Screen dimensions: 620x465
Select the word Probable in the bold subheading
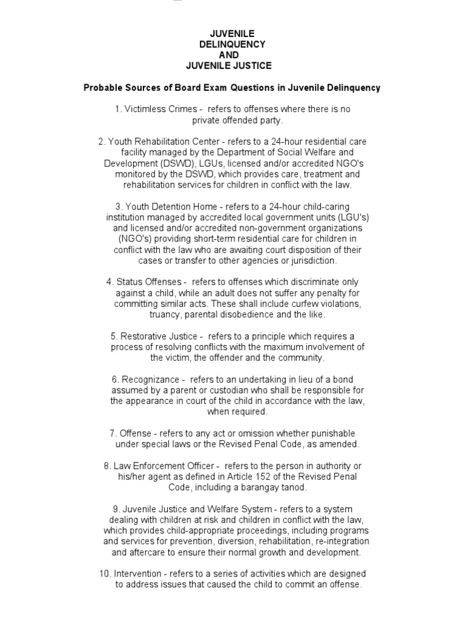(x=100, y=88)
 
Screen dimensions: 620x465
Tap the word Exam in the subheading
(x=240, y=88)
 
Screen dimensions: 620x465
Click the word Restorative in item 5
(x=145, y=336)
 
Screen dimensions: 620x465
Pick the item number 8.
(x=107, y=466)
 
